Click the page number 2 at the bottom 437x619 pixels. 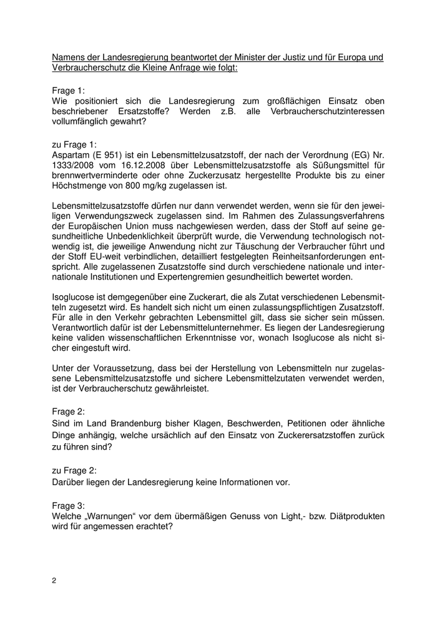pos(54,580)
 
